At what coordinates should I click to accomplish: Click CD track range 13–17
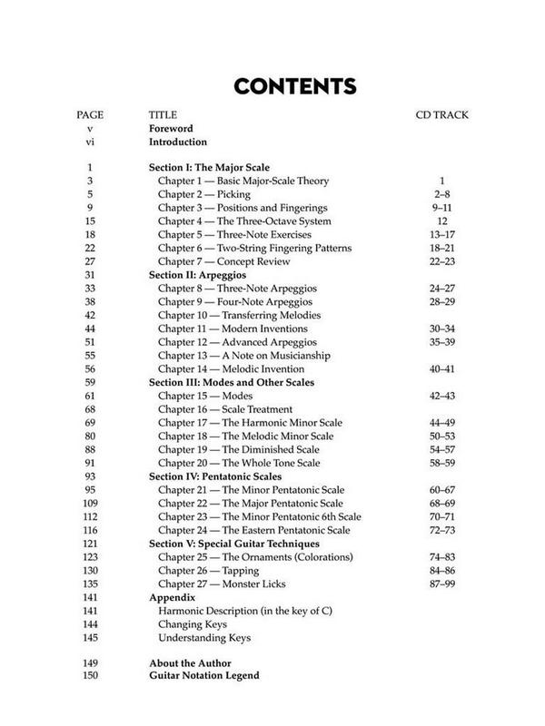click(441, 233)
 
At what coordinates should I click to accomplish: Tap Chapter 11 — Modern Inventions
click(233, 328)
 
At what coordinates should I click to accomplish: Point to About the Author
click(191, 662)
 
